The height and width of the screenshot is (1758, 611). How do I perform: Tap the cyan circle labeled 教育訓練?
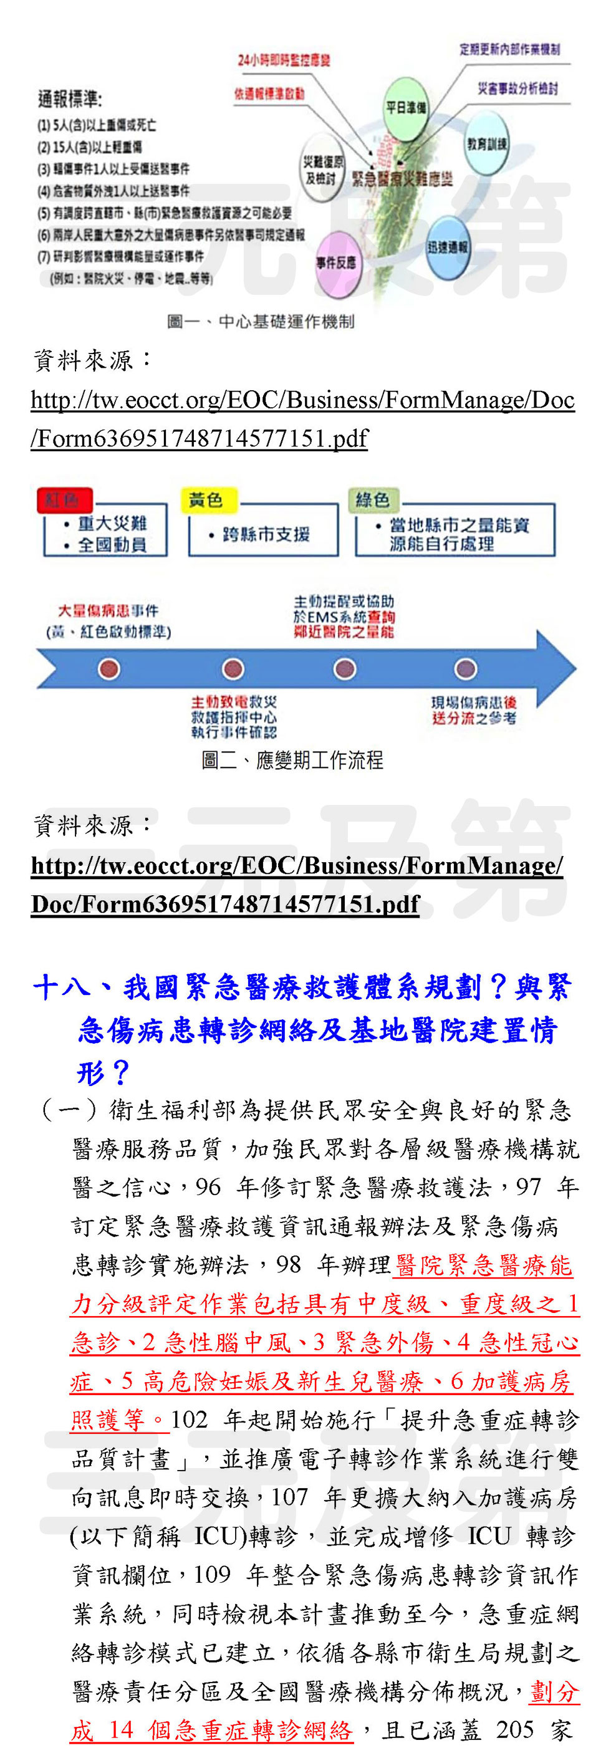tap(486, 144)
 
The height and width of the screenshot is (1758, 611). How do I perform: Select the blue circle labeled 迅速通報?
tap(448, 247)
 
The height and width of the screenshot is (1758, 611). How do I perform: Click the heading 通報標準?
tap(70, 100)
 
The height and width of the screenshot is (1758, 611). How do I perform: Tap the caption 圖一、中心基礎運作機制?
tap(261, 322)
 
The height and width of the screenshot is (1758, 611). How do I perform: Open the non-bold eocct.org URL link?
tap(302, 418)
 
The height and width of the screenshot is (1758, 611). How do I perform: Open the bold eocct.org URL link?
tap(297, 885)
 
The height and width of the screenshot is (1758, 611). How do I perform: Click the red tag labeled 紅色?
tap(64, 500)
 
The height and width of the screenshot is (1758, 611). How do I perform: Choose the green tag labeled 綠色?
tap(373, 500)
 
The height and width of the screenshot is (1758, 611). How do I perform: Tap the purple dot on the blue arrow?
tap(466, 669)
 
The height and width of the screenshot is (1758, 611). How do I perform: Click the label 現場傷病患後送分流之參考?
tap(474, 710)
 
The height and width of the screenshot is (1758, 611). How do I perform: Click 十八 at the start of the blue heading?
tap(60, 987)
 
